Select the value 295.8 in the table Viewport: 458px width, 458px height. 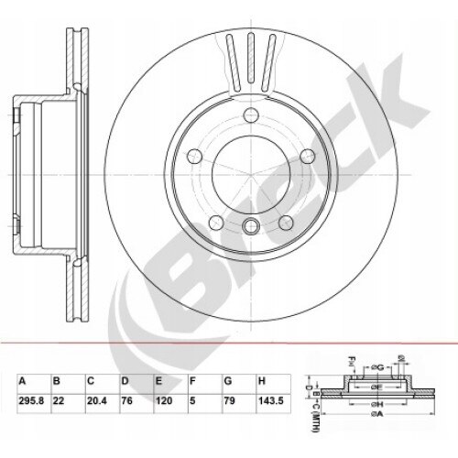click(x=27, y=400)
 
